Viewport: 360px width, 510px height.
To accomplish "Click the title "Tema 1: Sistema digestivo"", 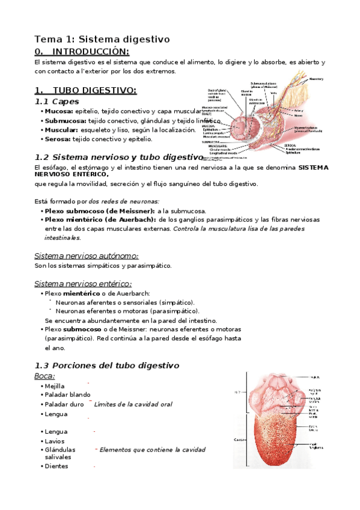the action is click(x=102, y=38).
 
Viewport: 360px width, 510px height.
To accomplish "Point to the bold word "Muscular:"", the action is click(x=61, y=130).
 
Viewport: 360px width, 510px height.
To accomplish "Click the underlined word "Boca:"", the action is click(x=45, y=376).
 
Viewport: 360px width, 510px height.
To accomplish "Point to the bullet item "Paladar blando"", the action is click(x=68, y=395).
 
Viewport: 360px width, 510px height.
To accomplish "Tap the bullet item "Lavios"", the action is click(x=55, y=441).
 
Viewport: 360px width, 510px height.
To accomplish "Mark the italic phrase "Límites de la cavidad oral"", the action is click(x=133, y=404).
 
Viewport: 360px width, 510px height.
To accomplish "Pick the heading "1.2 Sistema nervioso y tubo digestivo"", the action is click(x=119, y=157).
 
